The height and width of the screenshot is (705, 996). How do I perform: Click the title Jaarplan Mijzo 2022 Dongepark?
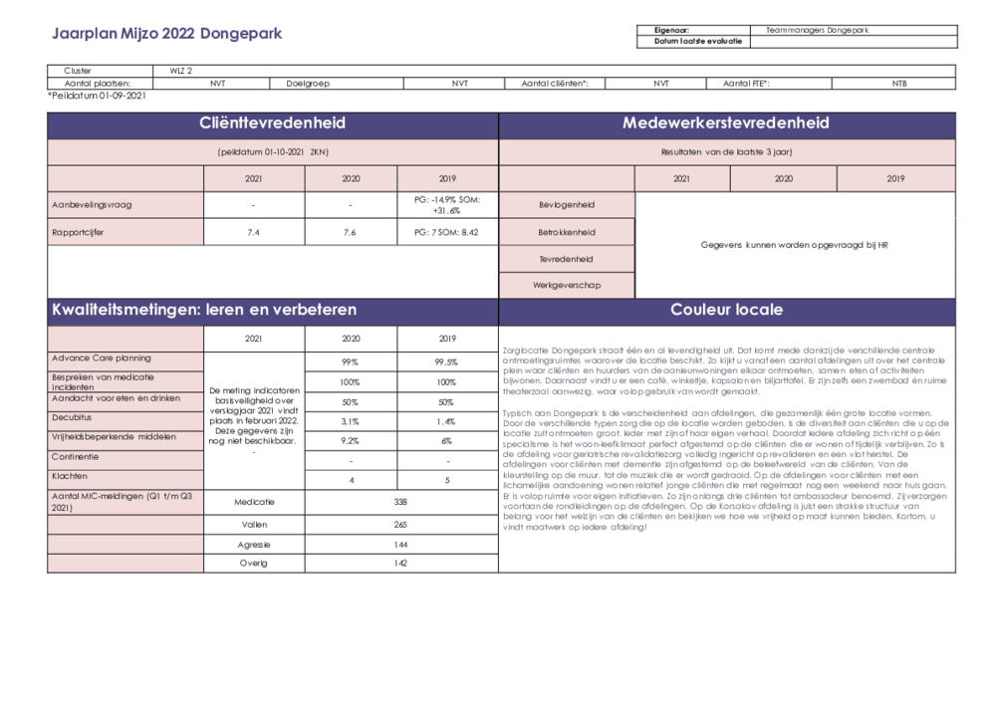[166, 34]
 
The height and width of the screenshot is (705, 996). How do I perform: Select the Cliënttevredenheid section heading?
[272, 123]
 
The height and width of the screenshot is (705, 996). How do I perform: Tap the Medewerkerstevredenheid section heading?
[725, 123]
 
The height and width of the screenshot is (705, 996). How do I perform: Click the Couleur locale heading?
[726, 310]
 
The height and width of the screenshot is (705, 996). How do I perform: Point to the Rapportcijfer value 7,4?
[254, 232]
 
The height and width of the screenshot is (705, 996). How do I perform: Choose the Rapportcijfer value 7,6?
[351, 232]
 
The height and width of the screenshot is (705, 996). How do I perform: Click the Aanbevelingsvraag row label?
[92, 205]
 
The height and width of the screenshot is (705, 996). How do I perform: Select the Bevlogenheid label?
[567, 205]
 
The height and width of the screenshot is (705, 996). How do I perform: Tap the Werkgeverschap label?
[567, 285]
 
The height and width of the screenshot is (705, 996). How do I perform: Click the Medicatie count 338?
[400, 502]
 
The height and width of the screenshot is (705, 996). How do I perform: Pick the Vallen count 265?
[400, 524]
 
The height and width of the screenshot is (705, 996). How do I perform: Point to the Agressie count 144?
[400, 545]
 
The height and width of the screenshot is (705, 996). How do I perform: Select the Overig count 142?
[400, 563]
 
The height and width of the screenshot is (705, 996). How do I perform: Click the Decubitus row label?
[72, 418]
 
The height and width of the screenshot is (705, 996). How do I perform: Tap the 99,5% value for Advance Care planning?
[446, 362]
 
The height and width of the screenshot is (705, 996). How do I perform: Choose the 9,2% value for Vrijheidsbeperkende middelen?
[351, 439]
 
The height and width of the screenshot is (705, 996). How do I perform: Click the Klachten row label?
[70, 477]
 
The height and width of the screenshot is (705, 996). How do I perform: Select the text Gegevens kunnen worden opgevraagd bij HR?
[794, 244]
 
